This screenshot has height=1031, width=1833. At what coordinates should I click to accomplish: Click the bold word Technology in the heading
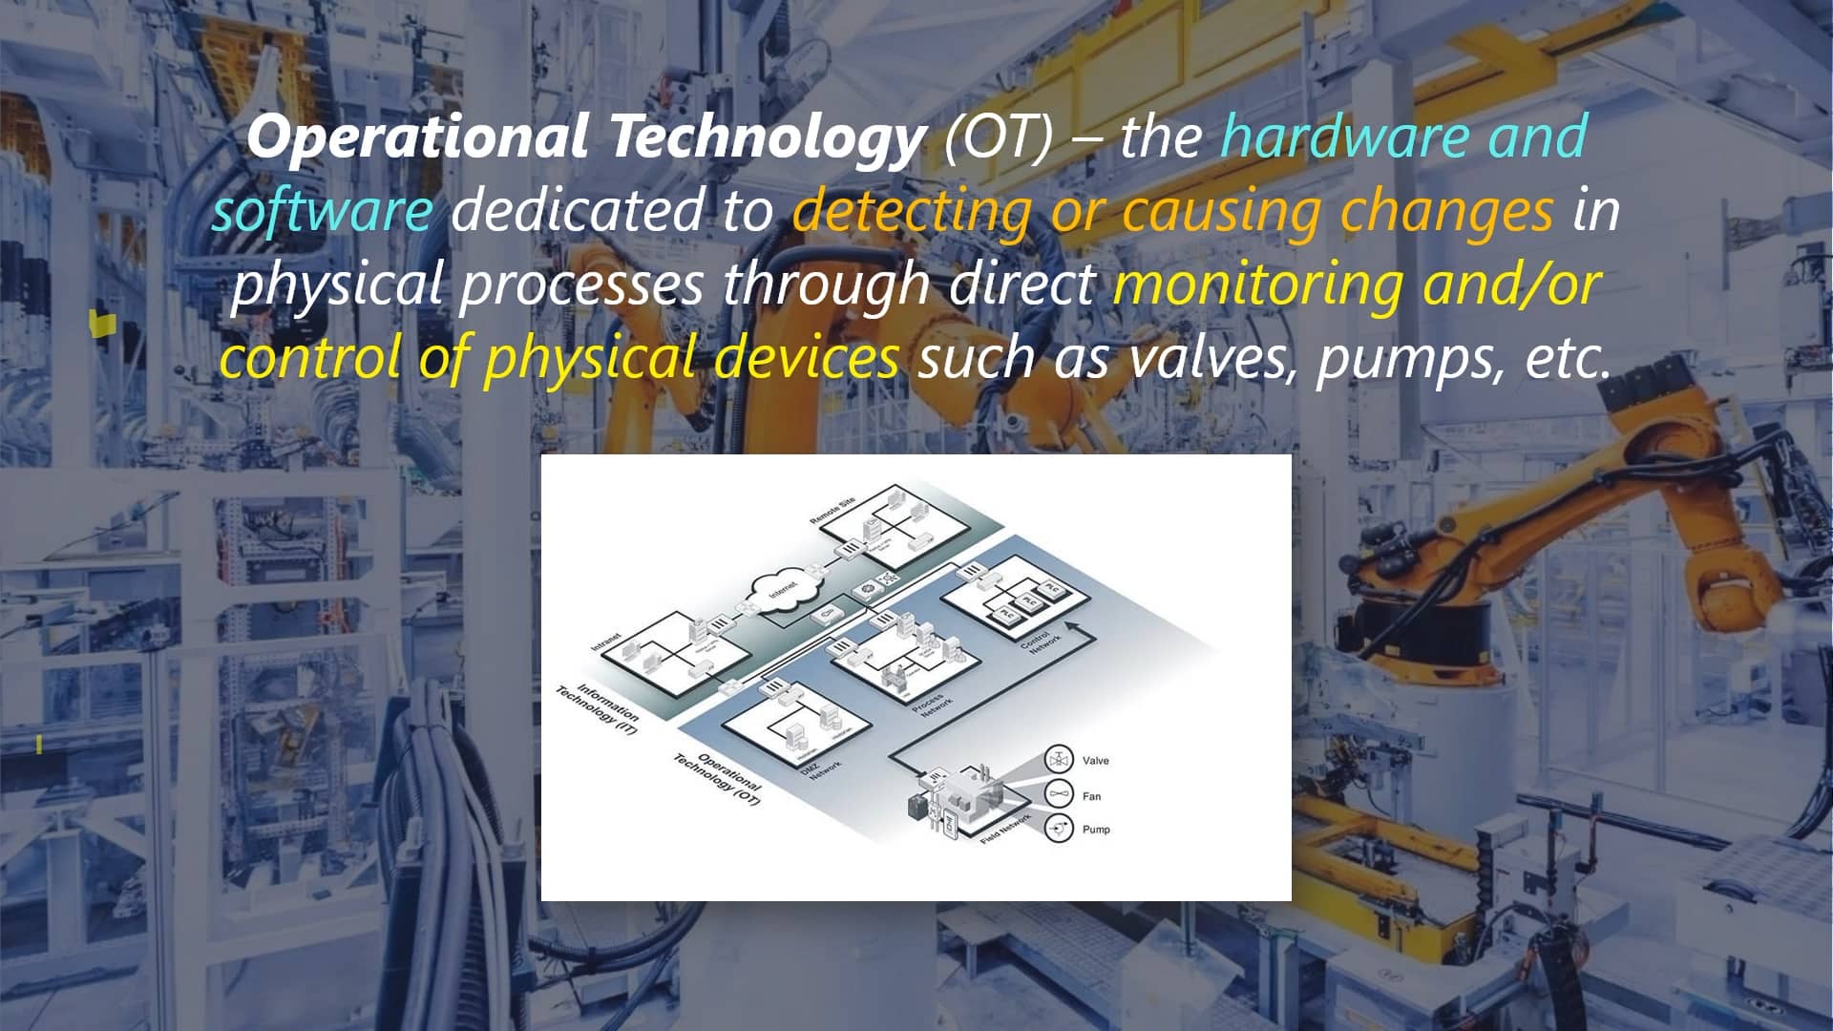[764, 137]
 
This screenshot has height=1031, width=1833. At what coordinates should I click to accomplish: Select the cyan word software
[322, 210]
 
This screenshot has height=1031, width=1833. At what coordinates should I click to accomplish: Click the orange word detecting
[912, 210]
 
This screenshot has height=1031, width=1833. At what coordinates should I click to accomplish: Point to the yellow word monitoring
[1258, 284]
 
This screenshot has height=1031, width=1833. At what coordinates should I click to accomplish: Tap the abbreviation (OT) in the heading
[999, 137]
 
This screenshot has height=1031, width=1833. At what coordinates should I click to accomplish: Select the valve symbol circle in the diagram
[1058, 761]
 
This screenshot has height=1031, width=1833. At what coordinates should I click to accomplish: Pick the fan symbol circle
[1058, 794]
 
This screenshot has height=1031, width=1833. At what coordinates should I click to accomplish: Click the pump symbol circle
[1058, 830]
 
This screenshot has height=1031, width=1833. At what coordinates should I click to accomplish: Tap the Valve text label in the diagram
[1095, 761]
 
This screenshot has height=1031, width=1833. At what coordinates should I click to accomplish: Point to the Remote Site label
[832, 512]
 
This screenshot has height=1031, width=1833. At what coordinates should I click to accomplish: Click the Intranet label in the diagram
[606, 642]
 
